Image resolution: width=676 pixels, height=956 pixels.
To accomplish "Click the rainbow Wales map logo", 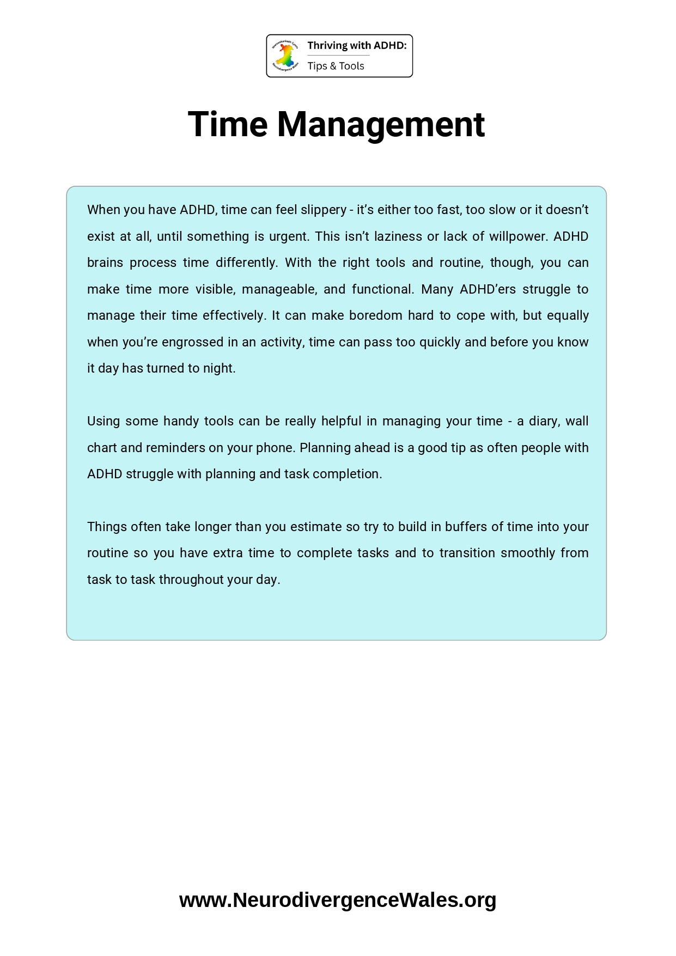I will pyautogui.click(x=285, y=56).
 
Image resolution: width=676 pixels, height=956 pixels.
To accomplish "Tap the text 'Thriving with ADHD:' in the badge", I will pyautogui.click(x=357, y=46).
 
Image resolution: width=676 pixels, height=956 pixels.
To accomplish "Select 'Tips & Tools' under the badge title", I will pyautogui.click(x=336, y=66).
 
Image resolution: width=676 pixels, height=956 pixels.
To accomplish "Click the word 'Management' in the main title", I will pyautogui.click(x=381, y=124).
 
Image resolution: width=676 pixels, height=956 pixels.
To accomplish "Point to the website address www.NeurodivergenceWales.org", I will pyautogui.click(x=338, y=900).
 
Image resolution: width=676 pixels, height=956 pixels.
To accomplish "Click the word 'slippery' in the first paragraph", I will pyautogui.click(x=324, y=210).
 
